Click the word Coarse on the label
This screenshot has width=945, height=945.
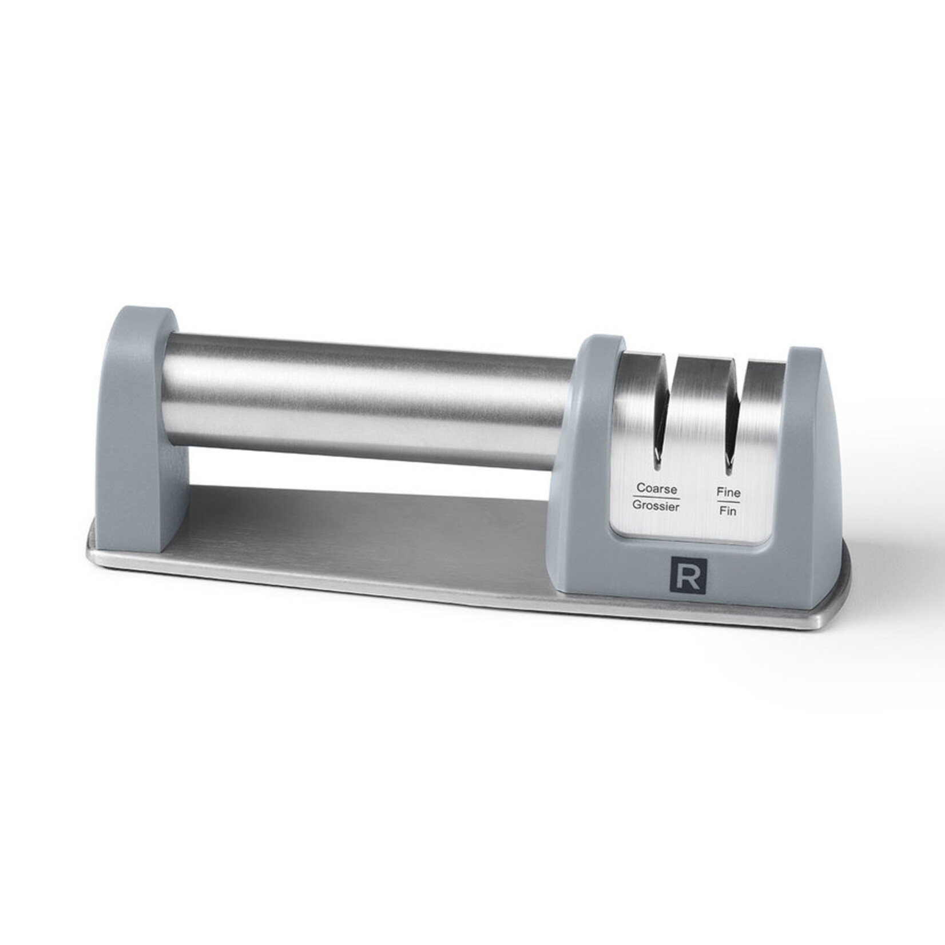tap(657, 489)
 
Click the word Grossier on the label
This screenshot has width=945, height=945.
tap(656, 507)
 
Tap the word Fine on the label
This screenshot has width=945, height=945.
tap(728, 493)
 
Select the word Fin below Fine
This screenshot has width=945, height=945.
tap(728, 511)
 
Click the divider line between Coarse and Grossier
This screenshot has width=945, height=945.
tap(656, 498)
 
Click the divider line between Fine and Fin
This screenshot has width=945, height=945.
tap(728, 502)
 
